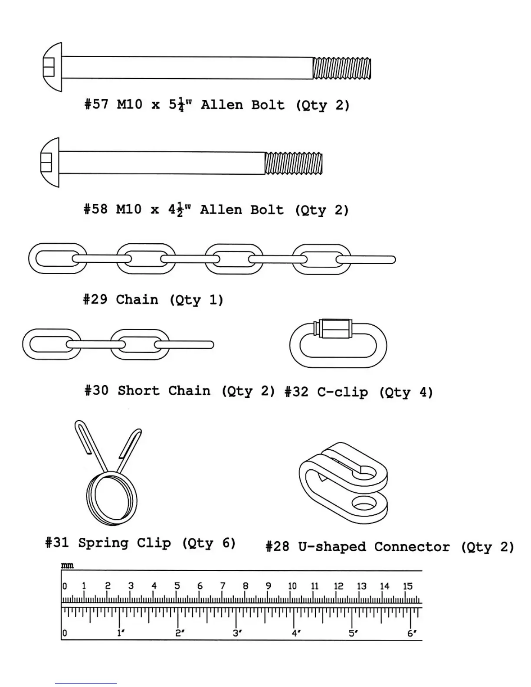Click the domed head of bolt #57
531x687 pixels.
coord(52,67)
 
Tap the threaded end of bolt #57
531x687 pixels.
coord(342,69)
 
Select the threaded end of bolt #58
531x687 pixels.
coord(294,163)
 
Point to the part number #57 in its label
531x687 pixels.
coord(96,105)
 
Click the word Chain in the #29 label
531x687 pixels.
coord(137,300)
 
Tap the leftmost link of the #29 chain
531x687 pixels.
coord(57,258)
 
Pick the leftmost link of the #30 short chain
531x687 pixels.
coord(51,344)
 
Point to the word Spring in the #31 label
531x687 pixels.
coord(103,543)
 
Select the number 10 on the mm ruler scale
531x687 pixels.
coord(292,586)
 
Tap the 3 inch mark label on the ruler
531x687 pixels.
coord(237,633)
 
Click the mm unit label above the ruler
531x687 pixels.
coord(67,566)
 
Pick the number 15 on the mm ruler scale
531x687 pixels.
coord(407,586)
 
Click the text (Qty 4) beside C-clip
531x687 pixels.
coord(406,393)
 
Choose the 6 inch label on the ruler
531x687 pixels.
coord(411,633)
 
